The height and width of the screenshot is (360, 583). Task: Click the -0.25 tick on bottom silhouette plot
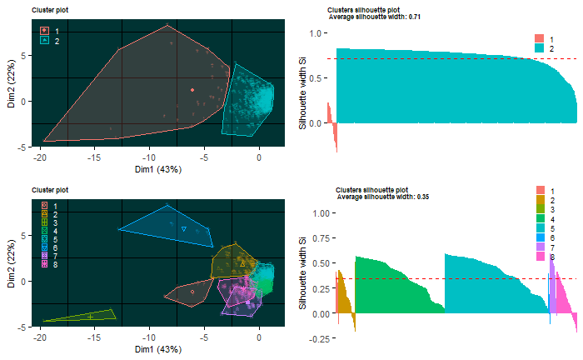[x=316, y=339]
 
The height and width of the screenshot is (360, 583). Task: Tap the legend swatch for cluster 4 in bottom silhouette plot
[x=542, y=218]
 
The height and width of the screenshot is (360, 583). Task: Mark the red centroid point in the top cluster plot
[x=192, y=90]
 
